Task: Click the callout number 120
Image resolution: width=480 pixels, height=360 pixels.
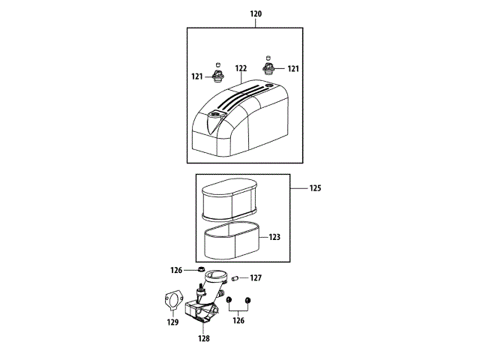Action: [x=256, y=13]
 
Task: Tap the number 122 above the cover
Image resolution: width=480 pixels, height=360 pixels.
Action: [x=241, y=68]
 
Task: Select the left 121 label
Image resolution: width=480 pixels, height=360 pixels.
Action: [x=197, y=76]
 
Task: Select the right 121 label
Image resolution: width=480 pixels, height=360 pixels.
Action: [x=293, y=68]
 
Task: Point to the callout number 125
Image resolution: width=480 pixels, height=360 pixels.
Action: [x=315, y=188]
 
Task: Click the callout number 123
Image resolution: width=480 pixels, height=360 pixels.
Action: [x=274, y=237]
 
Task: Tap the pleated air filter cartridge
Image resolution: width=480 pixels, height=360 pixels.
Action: [x=229, y=199]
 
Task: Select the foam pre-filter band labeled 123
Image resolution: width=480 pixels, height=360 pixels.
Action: [x=232, y=241]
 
